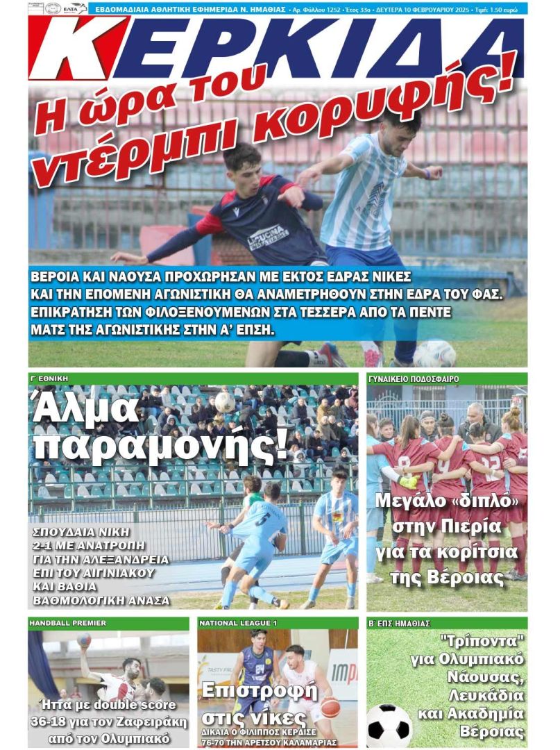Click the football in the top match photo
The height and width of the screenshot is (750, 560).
coord(434,353)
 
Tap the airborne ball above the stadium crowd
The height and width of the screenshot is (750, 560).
coord(224,401)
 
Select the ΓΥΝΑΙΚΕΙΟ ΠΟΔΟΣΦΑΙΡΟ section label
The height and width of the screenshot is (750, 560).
coord(413,378)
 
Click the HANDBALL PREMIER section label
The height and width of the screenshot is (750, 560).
coord(67,623)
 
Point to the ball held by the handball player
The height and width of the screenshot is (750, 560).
coord(84,640)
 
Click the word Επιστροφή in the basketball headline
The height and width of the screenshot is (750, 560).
coord(258,691)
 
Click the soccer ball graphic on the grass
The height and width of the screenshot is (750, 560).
coord(389,725)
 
